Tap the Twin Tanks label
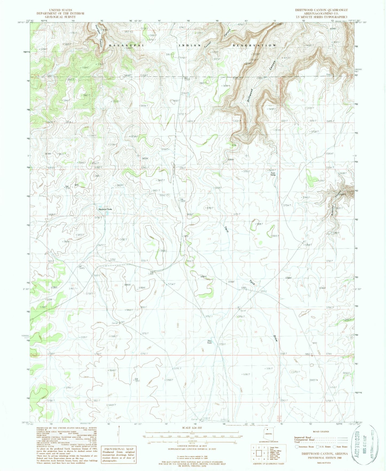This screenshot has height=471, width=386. point(272,174)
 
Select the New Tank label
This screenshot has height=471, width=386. point(210,342)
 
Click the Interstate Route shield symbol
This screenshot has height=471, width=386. point(297,446)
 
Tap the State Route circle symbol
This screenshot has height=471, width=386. point(335,446)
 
